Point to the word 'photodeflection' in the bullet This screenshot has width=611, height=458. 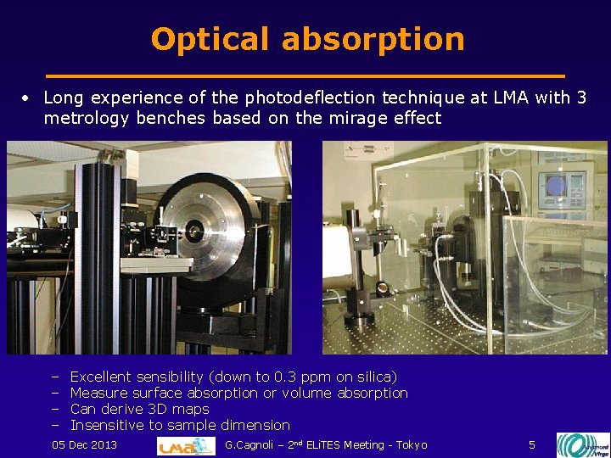pyautogui.click(x=315, y=98)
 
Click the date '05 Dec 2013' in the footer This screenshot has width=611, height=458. pyautogui.click(x=85, y=445)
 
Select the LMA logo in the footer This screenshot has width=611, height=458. pyautogui.click(x=187, y=445)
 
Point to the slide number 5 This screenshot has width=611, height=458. pyautogui.click(x=532, y=445)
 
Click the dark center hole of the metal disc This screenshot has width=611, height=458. pyautogui.click(x=196, y=228)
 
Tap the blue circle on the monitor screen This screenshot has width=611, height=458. pyautogui.click(x=557, y=185)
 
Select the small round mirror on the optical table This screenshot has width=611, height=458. pyautogui.click(x=383, y=288)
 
